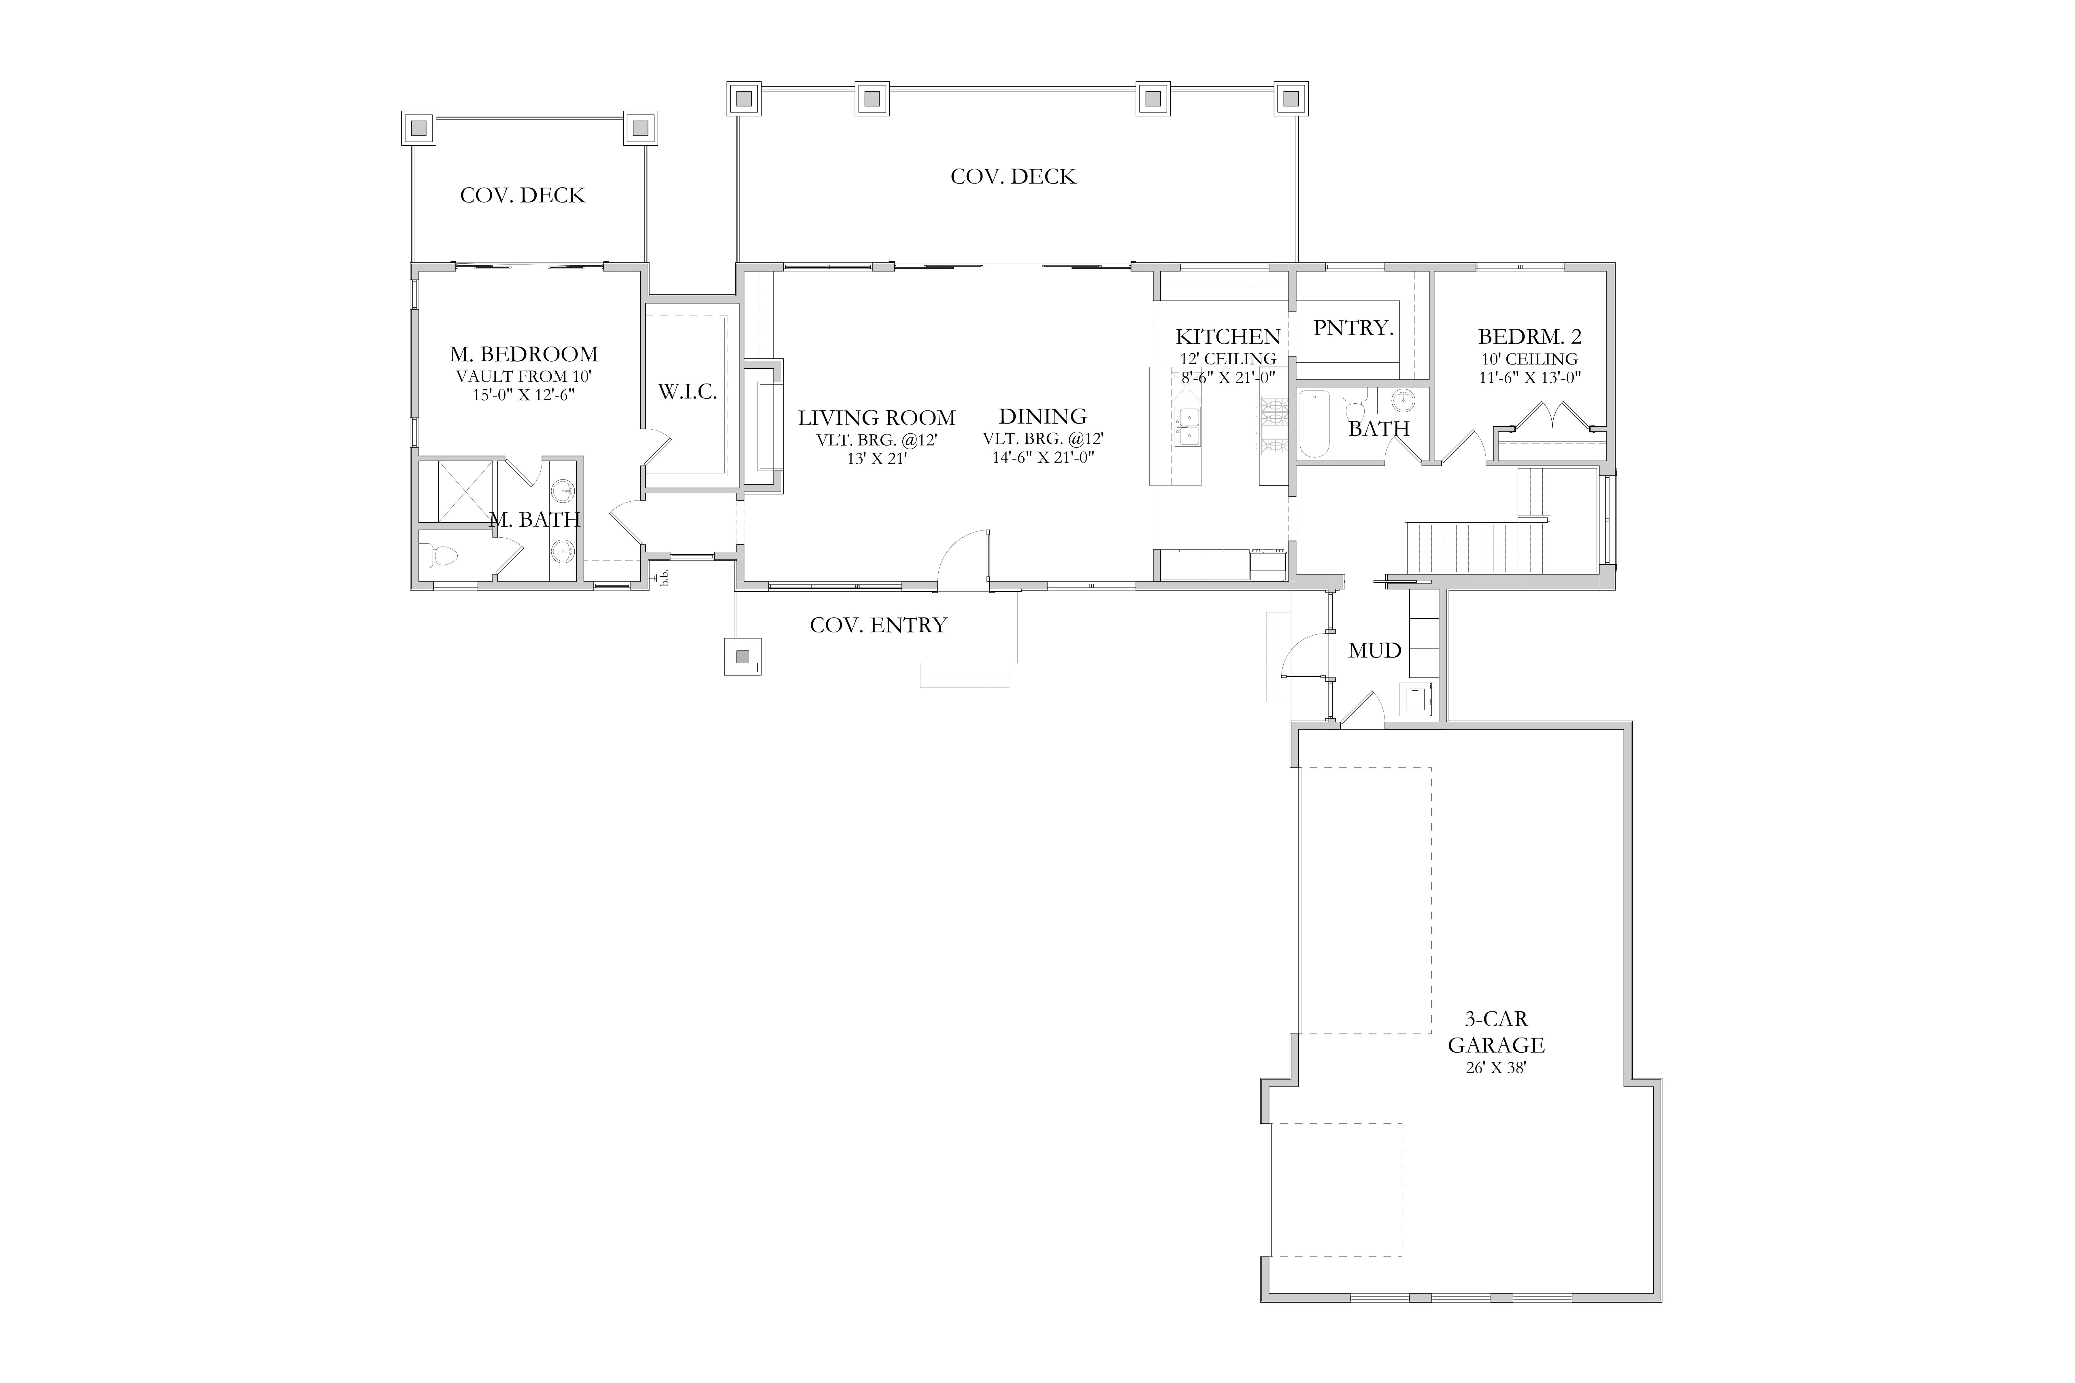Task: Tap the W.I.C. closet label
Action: click(x=687, y=392)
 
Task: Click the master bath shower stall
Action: click(x=457, y=491)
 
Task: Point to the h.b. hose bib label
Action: click(x=664, y=577)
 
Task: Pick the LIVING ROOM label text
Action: click(x=877, y=418)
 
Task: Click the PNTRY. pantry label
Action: click(x=1353, y=328)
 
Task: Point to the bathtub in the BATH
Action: click(x=1314, y=425)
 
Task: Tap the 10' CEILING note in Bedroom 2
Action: click(x=1530, y=359)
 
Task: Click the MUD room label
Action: click(x=1374, y=651)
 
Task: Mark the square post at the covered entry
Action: click(x=743, y=656)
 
